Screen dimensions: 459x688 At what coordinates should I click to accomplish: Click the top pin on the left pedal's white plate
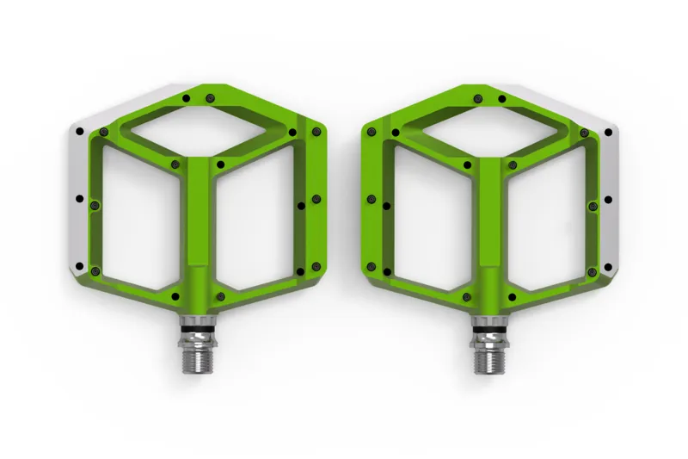click(79, 131)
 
